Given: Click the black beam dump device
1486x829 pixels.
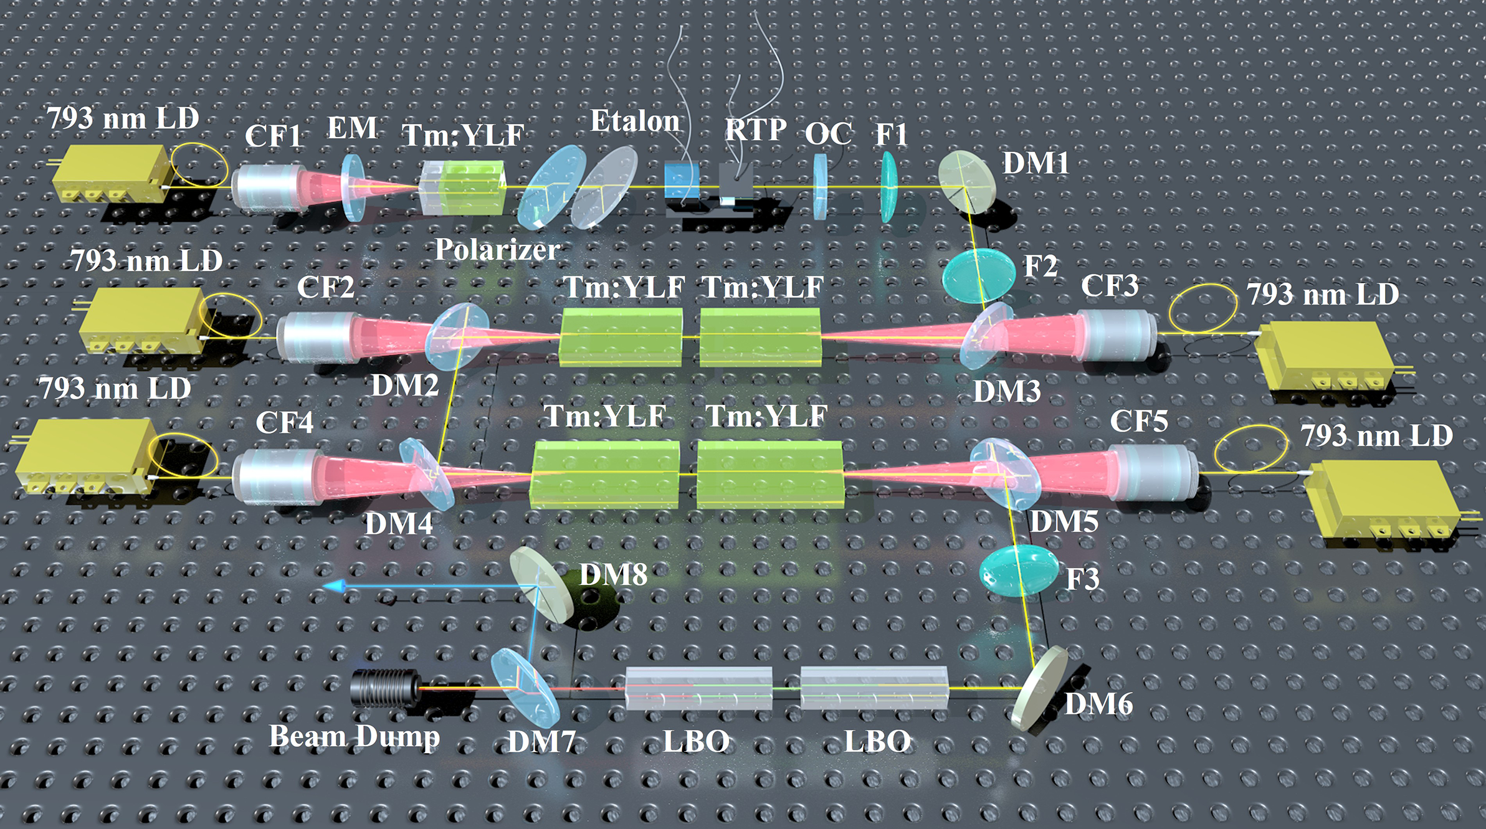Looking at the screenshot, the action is [x=384, y=688].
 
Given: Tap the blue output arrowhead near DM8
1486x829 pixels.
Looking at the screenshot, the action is [x=335, y=586].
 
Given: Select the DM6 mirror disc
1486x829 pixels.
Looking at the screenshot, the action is [x=1039, y=688].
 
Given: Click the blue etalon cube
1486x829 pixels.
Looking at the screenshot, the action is [x=681, y=181].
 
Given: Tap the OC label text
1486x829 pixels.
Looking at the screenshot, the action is [x=828, y=133].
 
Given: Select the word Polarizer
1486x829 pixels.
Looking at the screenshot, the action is [x=497, y=250].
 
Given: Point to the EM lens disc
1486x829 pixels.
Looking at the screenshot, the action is [x=353, y=187].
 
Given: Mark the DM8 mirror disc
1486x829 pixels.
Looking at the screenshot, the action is [x=541, y=584].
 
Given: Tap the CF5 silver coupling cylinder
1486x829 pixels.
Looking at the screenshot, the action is [x=1154, y=471].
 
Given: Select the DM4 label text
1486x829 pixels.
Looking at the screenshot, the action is [x=399, y=523].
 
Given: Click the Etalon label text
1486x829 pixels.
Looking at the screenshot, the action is [x=635, y=121].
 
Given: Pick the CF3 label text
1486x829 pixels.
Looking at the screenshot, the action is [x=1110, y=285].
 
